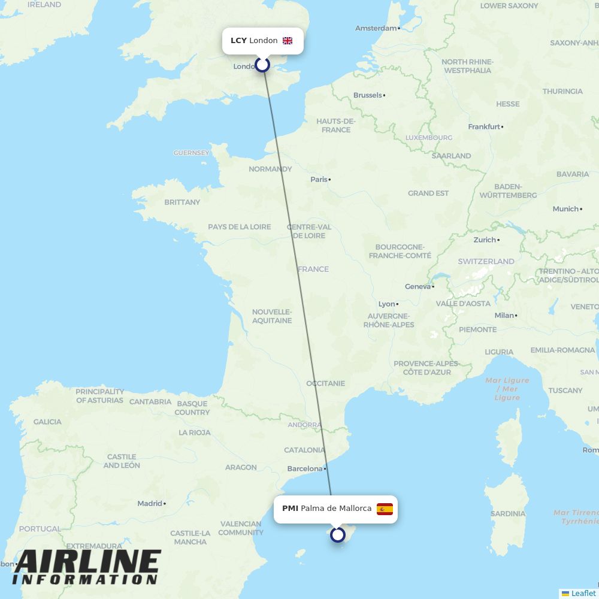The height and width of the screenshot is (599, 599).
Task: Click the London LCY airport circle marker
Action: (x=262, y=64)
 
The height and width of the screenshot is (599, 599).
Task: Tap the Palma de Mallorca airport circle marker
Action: (x=338, y=534)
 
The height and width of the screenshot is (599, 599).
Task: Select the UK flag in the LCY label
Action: (x=288, y=41)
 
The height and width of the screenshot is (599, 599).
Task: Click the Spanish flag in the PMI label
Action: (x=385, y=509)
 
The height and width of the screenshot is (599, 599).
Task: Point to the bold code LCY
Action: (x=238, y=41)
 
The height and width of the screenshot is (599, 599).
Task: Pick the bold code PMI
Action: (x=290, y=509)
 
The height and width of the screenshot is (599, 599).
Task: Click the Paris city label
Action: (x=319, y=179)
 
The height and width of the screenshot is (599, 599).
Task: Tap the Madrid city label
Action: (x=150, y=503)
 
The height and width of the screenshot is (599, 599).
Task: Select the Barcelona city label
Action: (x=305, y=468)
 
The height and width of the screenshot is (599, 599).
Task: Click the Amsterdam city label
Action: (x=376, y=28)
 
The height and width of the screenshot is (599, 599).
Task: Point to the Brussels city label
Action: (x=368, y=95)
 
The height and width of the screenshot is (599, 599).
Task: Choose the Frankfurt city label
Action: (x=484, y=126)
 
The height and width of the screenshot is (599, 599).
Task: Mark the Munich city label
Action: (x=565, y=208)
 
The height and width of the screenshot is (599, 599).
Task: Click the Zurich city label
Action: (x=485, y=240)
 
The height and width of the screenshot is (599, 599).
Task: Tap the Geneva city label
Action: (x=418, y=286)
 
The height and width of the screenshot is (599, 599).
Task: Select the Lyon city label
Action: (x=387, y=304)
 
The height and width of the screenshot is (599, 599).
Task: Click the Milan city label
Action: (x=504, y=315)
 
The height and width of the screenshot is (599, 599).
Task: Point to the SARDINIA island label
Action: (x=507, y=513)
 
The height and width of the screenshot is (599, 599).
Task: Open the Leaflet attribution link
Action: (x=583, y=593)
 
